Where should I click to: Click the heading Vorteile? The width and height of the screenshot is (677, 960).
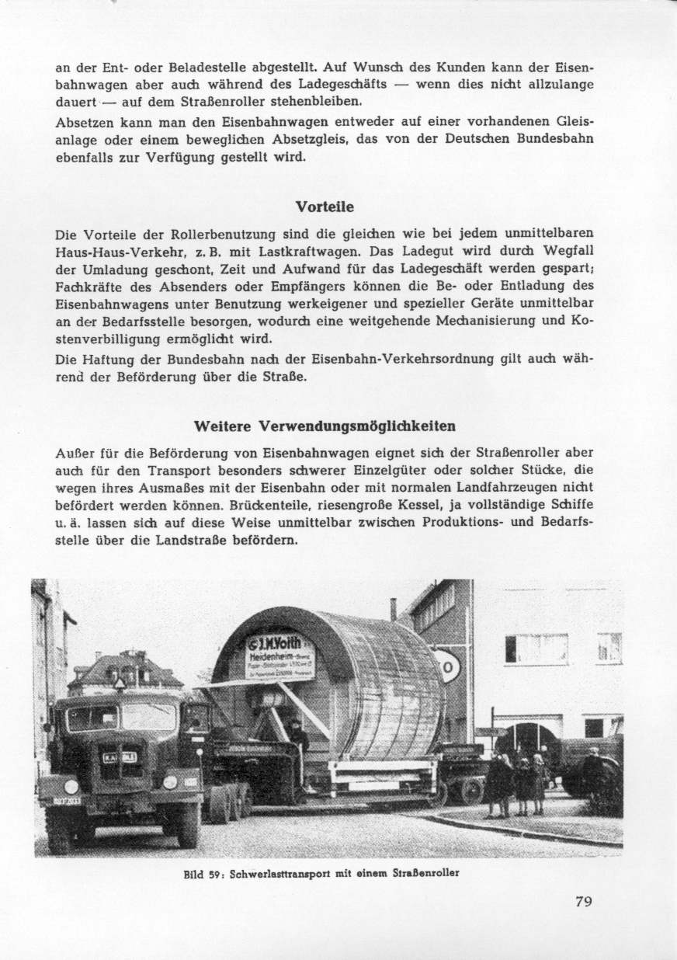325,207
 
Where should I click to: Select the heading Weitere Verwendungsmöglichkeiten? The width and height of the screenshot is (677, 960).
325,426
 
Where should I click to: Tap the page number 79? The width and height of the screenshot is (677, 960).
584,901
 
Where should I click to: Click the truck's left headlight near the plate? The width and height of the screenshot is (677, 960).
71,785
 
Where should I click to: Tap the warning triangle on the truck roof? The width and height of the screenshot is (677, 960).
120,683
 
